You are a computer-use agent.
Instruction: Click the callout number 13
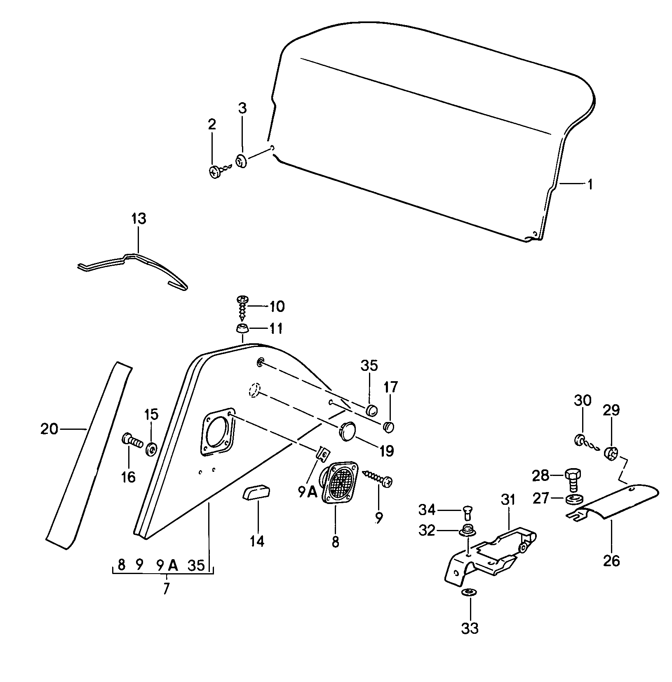point(139,219)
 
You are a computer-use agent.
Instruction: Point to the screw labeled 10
point(242,307)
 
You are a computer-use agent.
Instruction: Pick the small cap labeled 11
point(242,329)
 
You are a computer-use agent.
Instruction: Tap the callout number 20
point(49,429)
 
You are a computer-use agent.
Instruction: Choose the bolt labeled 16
point(132,441)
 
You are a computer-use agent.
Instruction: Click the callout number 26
point(611,561)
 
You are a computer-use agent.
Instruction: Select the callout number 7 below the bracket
point(166,588)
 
